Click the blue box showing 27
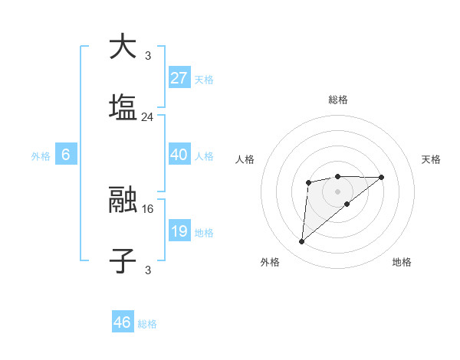[179, 77]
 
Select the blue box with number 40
[179, 154]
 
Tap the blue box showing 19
[179, 231]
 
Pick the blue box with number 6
[66, 154]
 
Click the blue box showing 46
[123, 322]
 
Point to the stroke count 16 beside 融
[148, 208]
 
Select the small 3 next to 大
[147, 55]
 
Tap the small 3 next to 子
[147, 270]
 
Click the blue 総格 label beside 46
[147, 324]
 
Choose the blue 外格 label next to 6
[41, 155]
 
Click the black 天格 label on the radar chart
[431, 159]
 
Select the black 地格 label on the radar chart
[402, 262]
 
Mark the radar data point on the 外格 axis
[302, 242]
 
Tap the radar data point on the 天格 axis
[382, 178]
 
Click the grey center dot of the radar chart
[337, 191]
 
